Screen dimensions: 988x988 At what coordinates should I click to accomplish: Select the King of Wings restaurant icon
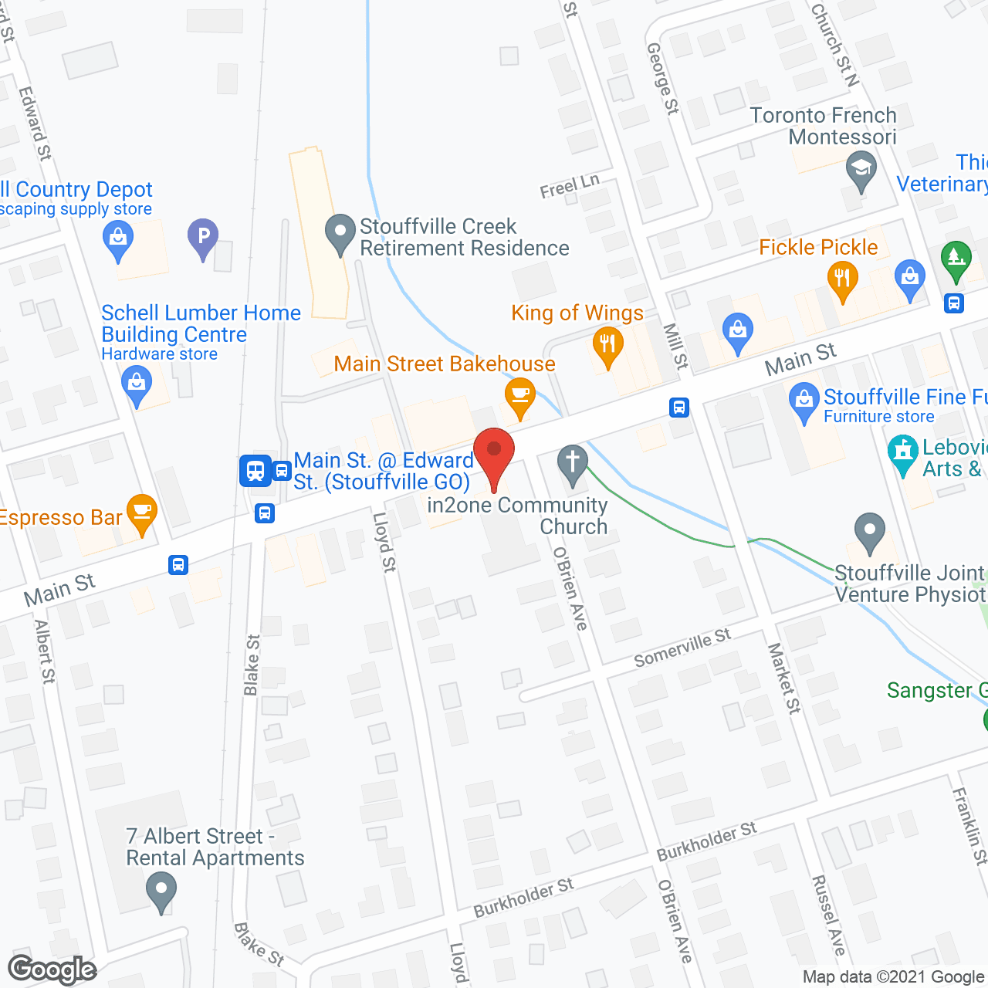[x=608, y=345]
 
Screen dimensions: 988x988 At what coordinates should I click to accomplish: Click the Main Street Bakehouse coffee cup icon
[x=520, y=396]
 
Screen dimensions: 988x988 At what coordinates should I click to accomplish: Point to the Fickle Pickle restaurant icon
[x=843, y=279]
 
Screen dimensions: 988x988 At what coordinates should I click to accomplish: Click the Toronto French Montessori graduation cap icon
[x=861, y=169]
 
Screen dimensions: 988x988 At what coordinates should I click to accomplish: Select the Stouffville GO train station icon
[x=255, y=469]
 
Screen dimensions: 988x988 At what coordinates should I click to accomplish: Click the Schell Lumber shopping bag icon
[x=137, y=384]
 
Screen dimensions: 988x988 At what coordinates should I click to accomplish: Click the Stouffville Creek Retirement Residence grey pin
[x=340, y=233]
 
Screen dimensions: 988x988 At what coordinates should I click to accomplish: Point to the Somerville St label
[x=682, y=648]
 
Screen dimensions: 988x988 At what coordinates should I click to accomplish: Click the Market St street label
[x=783, y=678]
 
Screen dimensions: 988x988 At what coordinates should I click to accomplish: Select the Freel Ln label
[x=570, y=186]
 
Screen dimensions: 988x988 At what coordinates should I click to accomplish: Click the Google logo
[x=52, y=969]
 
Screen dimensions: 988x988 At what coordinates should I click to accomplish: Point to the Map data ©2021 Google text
[x=893, y=977]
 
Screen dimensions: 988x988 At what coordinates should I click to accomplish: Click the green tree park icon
[x=956, y=260]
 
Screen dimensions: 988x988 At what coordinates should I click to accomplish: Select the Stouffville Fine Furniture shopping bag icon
[x=804, y=401]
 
